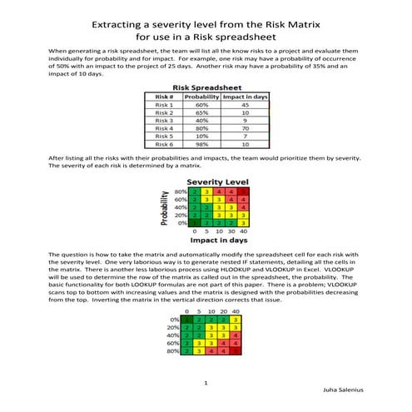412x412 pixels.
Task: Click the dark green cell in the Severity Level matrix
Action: tap(193, 222)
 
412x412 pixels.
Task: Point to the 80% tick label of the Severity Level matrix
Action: tap(180, 192)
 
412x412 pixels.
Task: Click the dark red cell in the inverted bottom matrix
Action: tap(236, 351)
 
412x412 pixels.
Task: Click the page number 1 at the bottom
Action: tap(206, 383)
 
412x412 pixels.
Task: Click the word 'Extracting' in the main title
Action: tap(123, 25)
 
